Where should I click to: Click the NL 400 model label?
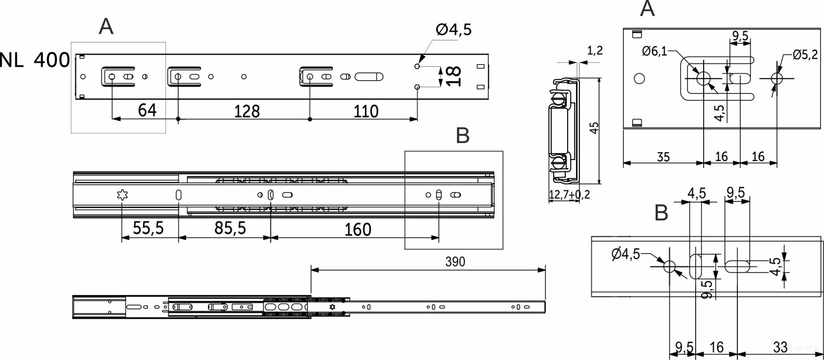point(35,60)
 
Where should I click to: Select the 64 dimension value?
point(147,110)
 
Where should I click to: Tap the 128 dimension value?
point(247,111)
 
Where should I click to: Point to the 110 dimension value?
point(365,111)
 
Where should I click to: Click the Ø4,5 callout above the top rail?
point(454,29)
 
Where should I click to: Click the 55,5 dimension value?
point(148,228)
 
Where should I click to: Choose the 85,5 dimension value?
point(230,228)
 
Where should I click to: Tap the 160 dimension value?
point(358,230)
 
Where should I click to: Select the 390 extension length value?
point(455,261)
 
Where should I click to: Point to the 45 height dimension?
point(594,128)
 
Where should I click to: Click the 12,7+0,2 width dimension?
point(569,194)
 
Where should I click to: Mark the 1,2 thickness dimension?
point(595,51)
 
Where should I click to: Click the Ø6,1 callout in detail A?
point(655,51)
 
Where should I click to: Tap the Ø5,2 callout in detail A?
point(805,55)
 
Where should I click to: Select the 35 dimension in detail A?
point(663,156)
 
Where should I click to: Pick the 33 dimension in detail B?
point(780,347)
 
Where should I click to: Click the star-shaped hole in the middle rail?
point(122,195)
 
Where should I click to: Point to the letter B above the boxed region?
point(463,136)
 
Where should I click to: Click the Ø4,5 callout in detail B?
point(625,254)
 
